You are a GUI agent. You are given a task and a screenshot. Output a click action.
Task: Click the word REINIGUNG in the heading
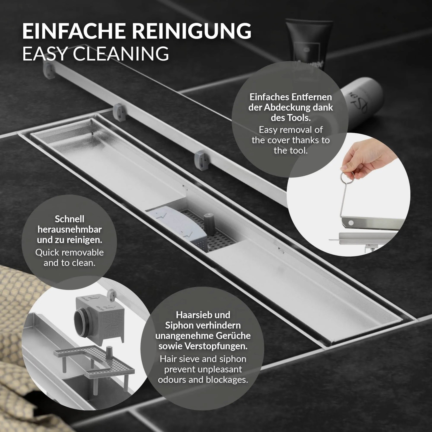click(x=189, y=31)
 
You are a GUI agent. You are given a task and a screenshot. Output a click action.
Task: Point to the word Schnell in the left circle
click(x=69, y=219)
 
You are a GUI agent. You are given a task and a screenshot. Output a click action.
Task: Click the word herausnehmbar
click(x=69, y=230)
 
